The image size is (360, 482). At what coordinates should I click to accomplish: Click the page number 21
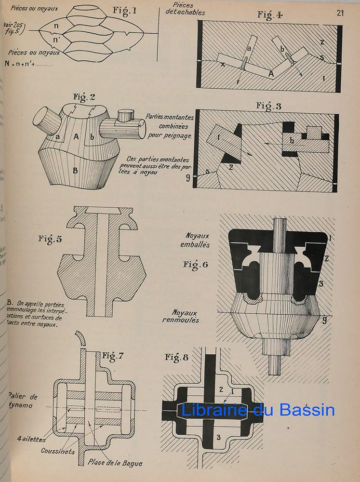tap(340, 13)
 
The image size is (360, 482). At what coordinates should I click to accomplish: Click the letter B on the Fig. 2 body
tap(75, 170)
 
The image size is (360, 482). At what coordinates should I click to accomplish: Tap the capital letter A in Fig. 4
tap(271, 73)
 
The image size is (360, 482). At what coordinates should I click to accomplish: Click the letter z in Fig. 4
tap(322, 42)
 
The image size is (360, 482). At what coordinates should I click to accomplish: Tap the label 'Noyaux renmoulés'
tap(194, 315)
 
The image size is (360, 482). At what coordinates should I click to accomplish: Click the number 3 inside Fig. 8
tap(218, 437)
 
